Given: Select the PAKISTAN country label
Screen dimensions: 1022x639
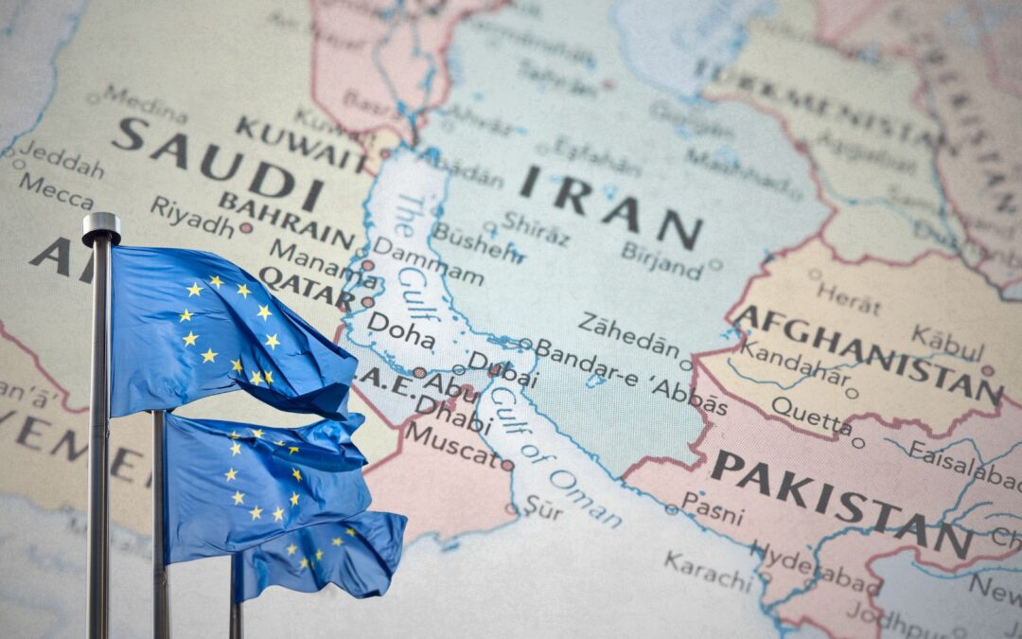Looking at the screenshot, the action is tap(841, 503).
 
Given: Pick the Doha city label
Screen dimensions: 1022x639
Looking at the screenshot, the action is tap(401, 330).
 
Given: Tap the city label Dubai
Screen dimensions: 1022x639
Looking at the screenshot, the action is tap(503, 369).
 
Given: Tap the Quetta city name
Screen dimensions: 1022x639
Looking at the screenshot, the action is tap(810, 416).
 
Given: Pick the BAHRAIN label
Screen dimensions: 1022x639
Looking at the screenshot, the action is tap(286, 219).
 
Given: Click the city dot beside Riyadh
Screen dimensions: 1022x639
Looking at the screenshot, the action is tap(246, 227).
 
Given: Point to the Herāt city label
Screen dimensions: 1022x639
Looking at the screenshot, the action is tap(850, 299).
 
